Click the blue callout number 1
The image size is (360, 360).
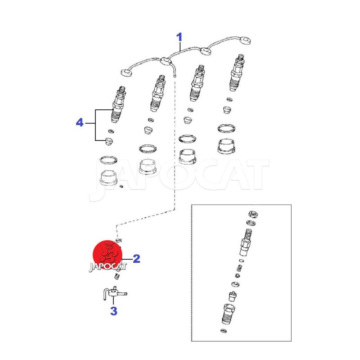pos(179,37)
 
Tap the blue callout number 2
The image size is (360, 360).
pos(136,259)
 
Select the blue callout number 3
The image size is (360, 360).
pos(114,311)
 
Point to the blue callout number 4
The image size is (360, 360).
pos(80,122)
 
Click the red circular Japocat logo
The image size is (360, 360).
pos(108,255)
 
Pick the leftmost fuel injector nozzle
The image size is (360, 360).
pos(119,104)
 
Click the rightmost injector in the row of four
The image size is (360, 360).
pos(237,72)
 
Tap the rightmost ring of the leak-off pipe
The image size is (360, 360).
pos(245,41)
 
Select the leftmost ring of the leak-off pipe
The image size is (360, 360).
pos(126,73)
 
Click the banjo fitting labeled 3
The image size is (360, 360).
pos(114,293)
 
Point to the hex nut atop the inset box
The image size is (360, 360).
pos(253,215)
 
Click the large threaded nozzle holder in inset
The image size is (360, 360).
pos(229,314)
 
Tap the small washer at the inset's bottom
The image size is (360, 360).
pos(223,331)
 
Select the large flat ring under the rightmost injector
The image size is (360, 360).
pos(226,128)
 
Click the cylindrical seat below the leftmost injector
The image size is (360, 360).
pos(108,178)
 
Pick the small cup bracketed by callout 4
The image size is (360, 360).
pos(108,141)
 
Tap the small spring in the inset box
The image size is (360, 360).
pos(239,268)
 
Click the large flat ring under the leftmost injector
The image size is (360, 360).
pos(108,160)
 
